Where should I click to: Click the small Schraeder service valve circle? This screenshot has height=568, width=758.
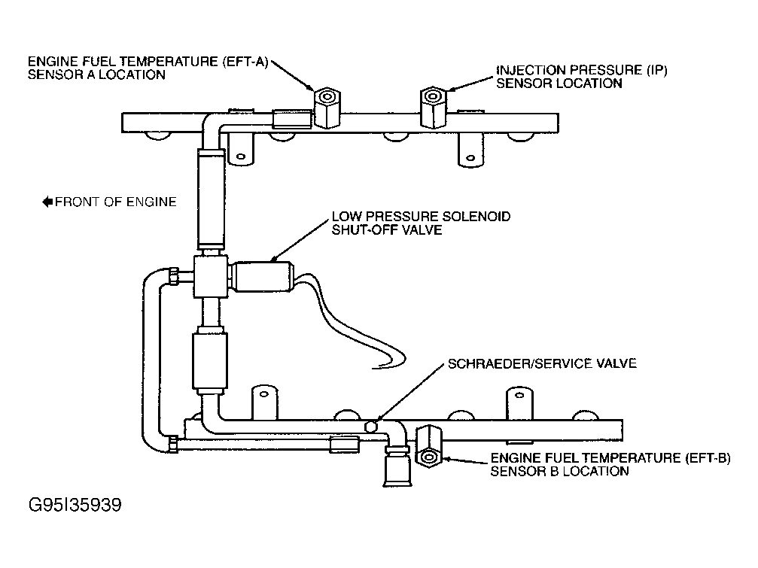click(x=371, y=426)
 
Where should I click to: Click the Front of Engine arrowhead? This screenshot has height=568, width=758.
click(x=47, y=202)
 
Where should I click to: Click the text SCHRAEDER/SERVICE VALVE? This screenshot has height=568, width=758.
click(x=542, y=363)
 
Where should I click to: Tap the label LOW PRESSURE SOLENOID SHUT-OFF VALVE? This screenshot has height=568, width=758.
click(x=421, y=223)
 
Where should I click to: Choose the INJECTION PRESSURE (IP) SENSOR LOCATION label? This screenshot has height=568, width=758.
click(x=581, y=77)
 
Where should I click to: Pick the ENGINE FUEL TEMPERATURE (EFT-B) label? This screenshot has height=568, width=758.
click(x=610, y=464)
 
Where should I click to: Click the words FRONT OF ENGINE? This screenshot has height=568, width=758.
click(x=116, y=202)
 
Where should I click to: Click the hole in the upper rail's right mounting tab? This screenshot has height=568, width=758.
click(x=470, y=158)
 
